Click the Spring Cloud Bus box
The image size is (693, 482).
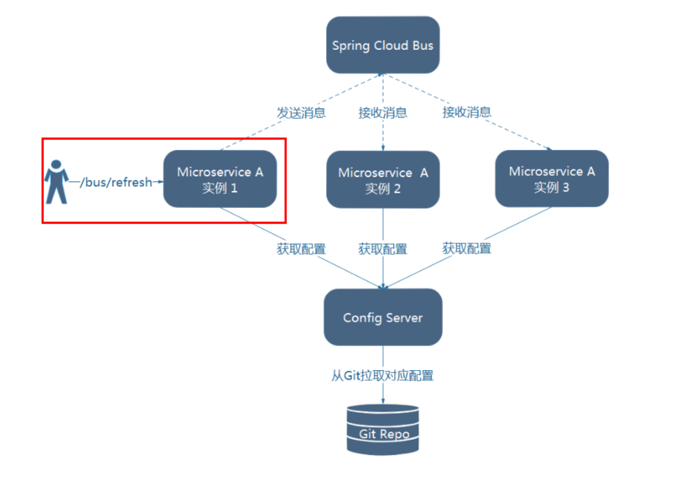tap(383, 45)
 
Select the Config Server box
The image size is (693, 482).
tap(383, 317)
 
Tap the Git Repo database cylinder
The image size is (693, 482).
tap(383, 429)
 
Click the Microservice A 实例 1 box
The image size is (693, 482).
tap(220, 179)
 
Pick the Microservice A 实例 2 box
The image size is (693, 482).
tap(383, 179)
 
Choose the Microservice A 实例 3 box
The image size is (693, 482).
tap(552, 179)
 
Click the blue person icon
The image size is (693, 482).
tap(57, 182)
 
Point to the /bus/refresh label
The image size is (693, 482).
tap(116, 182)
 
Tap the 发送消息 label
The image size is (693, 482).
tap(302, 112)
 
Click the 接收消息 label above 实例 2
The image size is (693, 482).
tap(383, 112)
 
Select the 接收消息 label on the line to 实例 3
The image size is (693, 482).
tap(467, 112)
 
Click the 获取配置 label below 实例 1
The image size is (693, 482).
tap(302, 249)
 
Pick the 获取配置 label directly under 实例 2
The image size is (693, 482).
tap(383, 249)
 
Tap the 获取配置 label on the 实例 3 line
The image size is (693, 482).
tap(467, 248)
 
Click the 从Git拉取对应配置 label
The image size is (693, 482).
tap(383, 375)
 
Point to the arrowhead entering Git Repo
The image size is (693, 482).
tap(383, 401)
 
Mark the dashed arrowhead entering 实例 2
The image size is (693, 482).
tap(383, 148)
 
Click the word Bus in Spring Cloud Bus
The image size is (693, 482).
tap(423, 45)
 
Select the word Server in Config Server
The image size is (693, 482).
tap(404, 317)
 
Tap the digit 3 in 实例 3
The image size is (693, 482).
tap(566, 187)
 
